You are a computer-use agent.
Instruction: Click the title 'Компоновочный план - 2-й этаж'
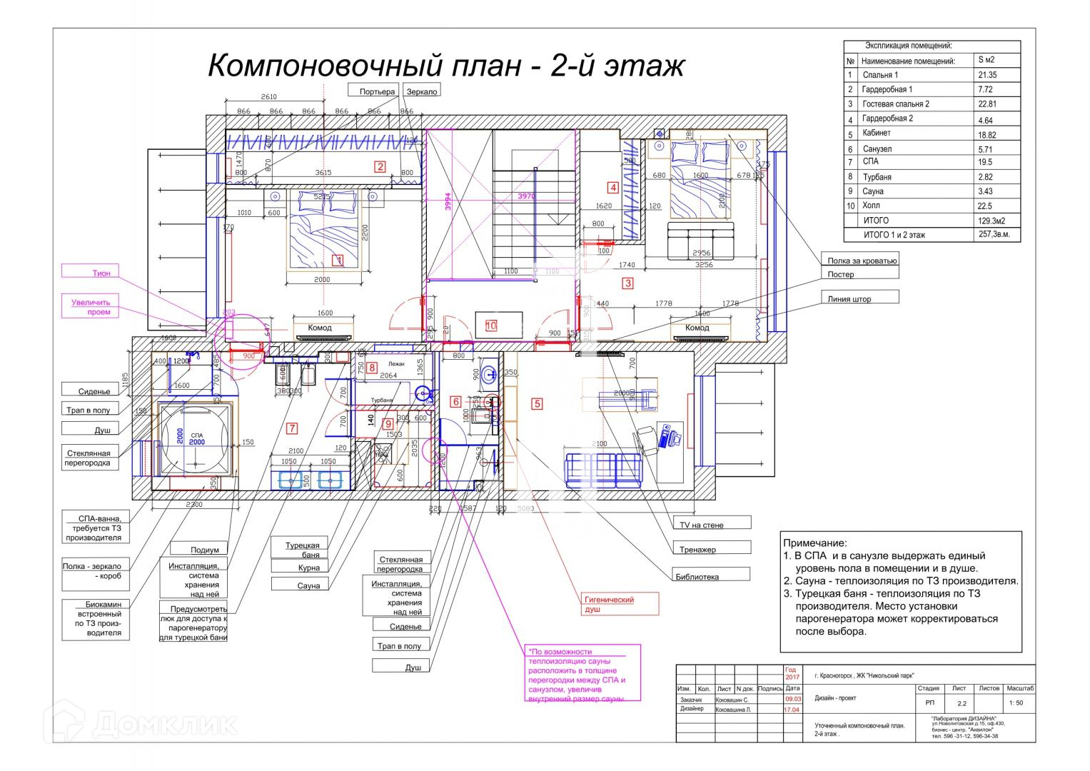[446, 66]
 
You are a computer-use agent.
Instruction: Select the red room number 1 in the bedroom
[339, 261]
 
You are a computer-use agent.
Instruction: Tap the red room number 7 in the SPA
[291, 428]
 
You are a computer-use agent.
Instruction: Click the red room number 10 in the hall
[491, 326]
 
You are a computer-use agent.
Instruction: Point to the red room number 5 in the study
[537, 404]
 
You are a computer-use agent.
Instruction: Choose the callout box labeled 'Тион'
[101, 273]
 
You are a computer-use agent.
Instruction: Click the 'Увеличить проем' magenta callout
[91, 306]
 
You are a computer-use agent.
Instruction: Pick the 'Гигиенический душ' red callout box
[617, 604]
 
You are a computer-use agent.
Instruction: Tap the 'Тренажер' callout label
[710, 549]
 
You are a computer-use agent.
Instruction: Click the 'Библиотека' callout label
[710, 576]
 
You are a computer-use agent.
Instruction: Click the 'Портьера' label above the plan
[377, 91]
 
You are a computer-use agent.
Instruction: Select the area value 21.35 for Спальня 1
[987, 75]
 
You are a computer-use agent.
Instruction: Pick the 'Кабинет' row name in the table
[877, 133]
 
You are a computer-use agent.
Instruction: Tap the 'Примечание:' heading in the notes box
[814, 543]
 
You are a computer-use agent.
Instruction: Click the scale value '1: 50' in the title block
[1016, 702]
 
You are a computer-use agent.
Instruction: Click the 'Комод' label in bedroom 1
[320, 328]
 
